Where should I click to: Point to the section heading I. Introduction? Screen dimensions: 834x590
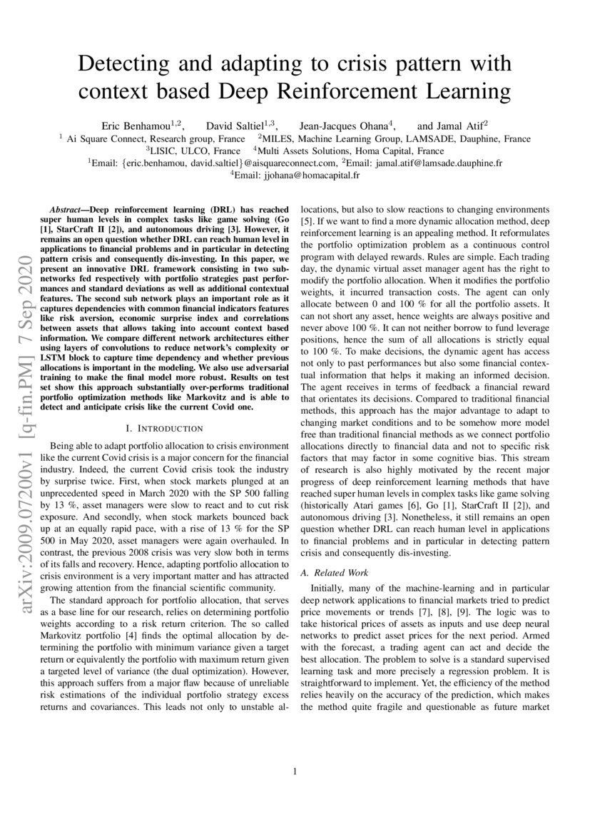(x=164, y=428)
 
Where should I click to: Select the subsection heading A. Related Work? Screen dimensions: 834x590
(x=333, y=572)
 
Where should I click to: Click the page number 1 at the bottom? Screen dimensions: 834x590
(x=295, y=771)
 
